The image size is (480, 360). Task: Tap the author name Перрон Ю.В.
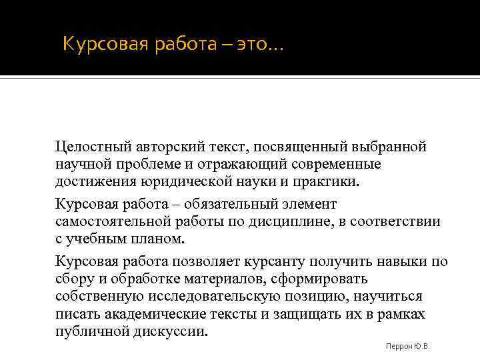407,347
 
